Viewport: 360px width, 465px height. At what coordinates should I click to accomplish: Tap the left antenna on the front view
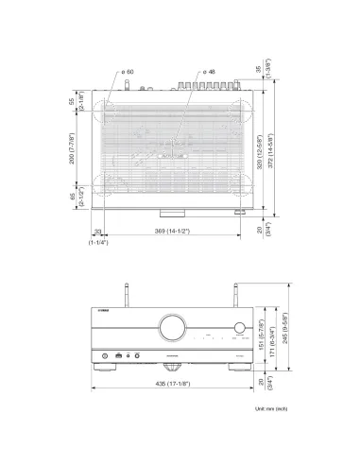[125, 293]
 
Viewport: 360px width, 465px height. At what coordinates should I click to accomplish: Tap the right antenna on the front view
[231, 293]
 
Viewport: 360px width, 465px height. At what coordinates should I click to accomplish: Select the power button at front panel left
[100, 355]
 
